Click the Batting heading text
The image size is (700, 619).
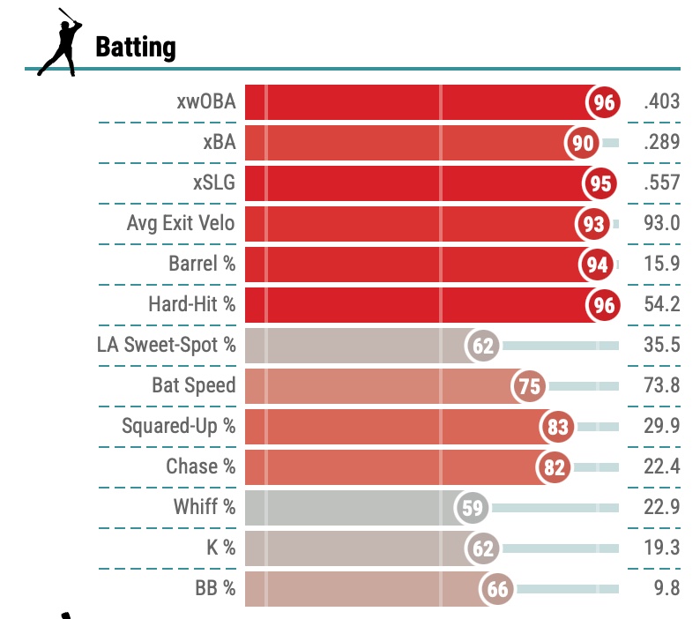(x=135, y=46)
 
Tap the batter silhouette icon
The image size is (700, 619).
(x=59, y=41)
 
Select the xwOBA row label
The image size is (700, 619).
(x=205, y=102)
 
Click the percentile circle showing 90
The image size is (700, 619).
(x=583, y=143)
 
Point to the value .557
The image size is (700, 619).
(x=662, y=183)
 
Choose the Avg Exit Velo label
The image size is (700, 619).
(x=181, y=224)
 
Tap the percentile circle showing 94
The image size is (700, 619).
(x=596, y=265)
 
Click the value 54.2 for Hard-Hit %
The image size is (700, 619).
(x=662, y=305)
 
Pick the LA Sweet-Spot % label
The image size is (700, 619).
(x=167, y=346)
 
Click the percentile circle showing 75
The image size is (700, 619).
(x=531, y=386)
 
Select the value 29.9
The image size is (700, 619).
(x=662, y=427)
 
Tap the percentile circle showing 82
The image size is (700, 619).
(x=554, y=467)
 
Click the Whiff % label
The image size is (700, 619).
(x=205, y=508)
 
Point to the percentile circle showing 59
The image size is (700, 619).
(x=472, y=508)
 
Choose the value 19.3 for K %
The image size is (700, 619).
(x=662, y=548)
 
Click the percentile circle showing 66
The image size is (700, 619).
(x=497, y=589)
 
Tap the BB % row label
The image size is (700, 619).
(x=215, y=589)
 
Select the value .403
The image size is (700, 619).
(x=662, y=102)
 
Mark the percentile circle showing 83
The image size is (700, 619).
(x=557, y=427)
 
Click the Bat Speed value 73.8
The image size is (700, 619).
(x=662, y=386)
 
